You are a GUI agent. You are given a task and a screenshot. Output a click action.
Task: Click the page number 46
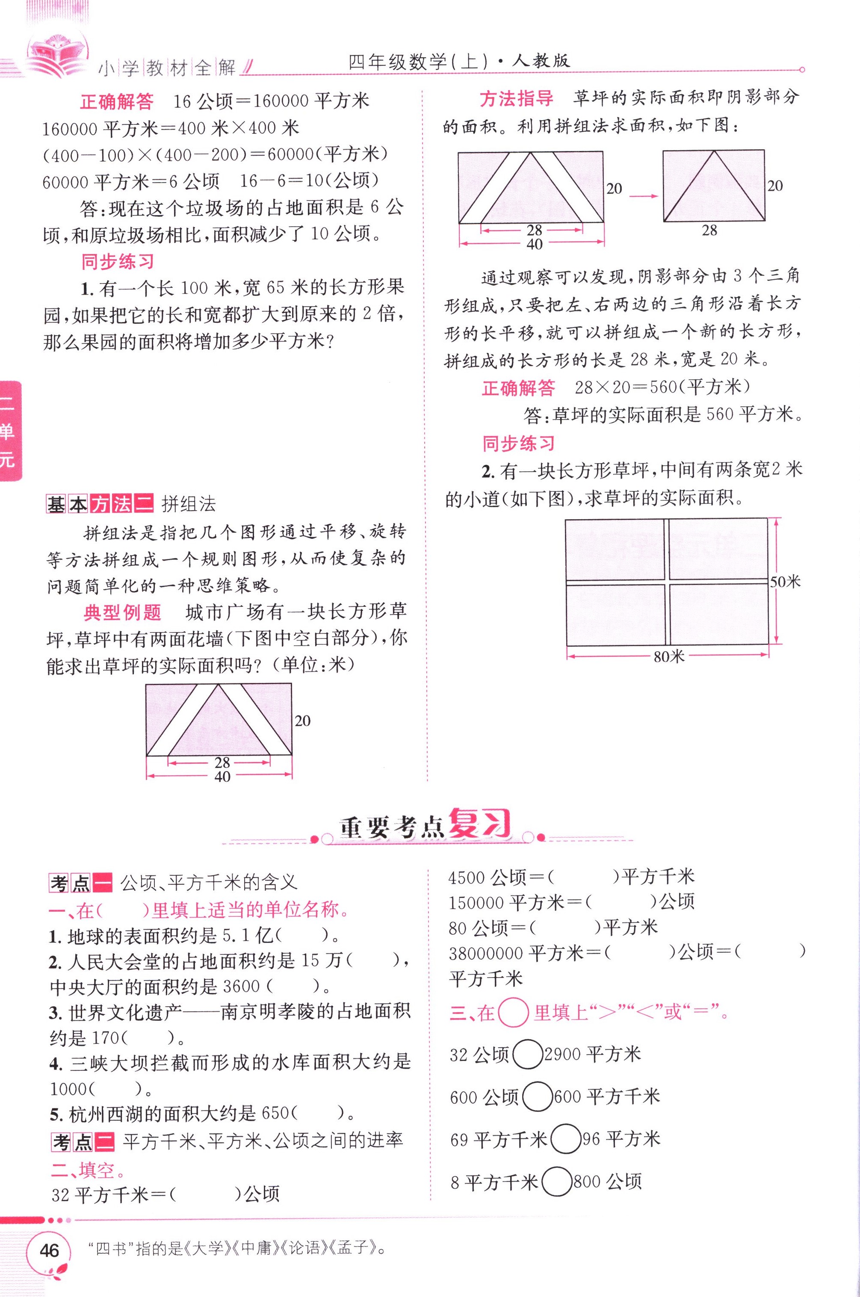point(49,1250)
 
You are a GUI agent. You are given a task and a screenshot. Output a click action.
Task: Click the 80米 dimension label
point(668,656)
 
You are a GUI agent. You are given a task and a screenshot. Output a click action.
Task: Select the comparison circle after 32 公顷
point(527,1054)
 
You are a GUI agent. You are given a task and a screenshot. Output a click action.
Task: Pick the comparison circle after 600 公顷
point(537,1097)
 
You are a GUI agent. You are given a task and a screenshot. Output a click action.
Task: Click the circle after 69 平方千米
point(565,1140)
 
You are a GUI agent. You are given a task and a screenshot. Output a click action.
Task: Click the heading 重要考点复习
point(425,826)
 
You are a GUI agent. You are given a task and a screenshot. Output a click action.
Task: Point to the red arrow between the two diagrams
point(643,196)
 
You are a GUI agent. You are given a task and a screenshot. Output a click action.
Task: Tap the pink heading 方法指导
point(516,99)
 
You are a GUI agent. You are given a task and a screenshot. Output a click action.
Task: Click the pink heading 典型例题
point(122,612)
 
